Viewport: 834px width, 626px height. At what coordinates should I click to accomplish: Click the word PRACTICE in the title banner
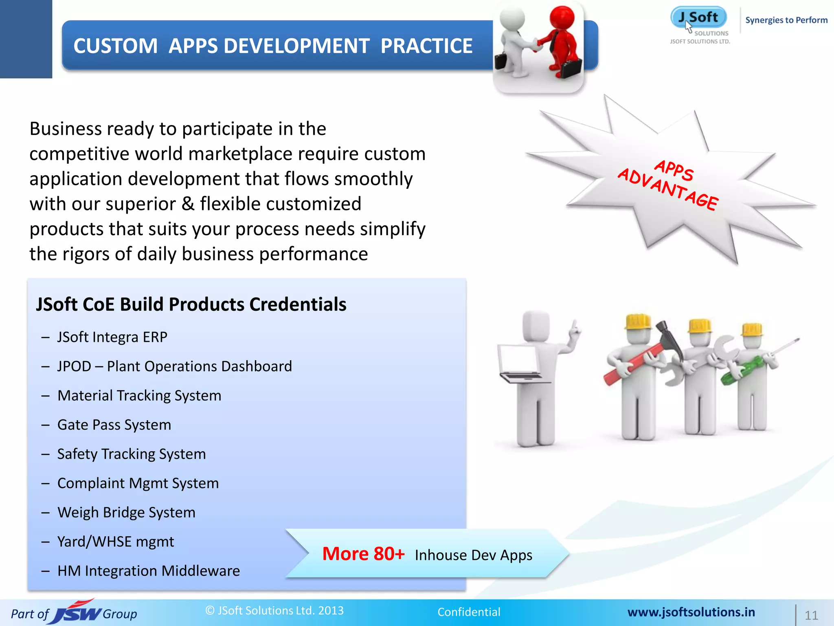pos(426,46)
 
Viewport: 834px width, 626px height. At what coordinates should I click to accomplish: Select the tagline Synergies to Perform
pos(786,20)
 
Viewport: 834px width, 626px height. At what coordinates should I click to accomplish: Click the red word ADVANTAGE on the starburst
pos(668,190)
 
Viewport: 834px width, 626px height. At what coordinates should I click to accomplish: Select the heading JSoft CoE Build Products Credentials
pos(191,304)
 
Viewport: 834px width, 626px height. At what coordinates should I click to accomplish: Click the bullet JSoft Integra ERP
pos(112,337)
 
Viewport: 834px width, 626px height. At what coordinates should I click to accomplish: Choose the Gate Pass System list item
pos(114,425)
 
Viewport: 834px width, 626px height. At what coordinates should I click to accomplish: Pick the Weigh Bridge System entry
pos(126,512)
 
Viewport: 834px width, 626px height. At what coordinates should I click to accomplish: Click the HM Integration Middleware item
pos(149,571)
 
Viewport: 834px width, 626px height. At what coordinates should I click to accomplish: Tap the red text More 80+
pos(363,554)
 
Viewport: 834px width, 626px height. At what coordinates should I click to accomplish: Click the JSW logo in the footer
pos(77,613)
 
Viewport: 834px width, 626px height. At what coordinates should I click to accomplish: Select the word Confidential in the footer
pos(469,612)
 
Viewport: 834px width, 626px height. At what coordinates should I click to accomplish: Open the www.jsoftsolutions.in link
pos(691,612)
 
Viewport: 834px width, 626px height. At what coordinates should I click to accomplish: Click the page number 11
pos(811,615)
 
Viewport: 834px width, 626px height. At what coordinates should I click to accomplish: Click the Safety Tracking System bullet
pos(131,454)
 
